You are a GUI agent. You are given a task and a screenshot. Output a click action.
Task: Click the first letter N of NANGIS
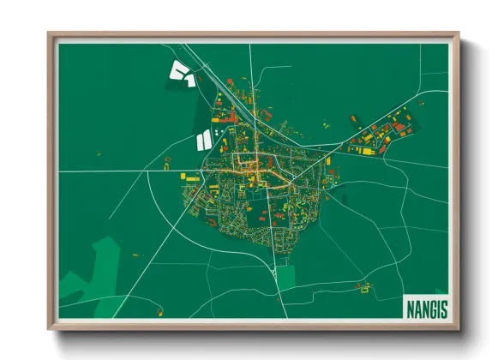(409, 307)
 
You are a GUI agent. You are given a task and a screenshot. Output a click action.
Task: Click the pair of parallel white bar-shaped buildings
(204, 138)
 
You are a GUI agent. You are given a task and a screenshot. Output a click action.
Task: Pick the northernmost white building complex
(181, 73)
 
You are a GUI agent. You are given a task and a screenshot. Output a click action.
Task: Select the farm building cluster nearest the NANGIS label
(368, 287)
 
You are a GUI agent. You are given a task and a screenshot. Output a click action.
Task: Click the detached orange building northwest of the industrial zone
(352, 118)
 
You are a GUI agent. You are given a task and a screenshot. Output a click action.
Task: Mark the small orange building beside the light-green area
(135, 255)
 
